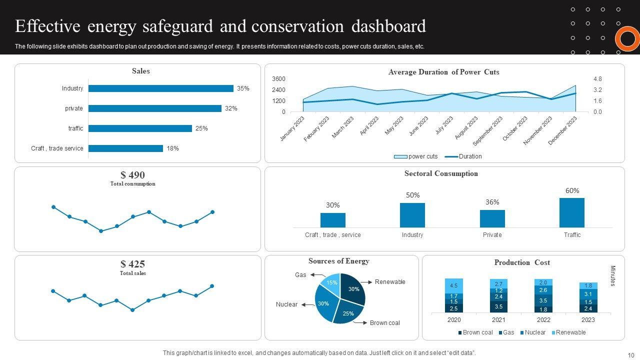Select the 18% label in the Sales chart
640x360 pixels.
(173, 148)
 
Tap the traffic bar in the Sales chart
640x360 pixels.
(140, 128)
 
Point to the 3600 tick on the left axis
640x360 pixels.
(278, 79)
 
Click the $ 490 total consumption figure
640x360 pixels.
(132, 175)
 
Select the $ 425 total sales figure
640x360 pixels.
(132, 264)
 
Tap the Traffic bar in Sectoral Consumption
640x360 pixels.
(572, 213)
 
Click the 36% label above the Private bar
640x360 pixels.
(492, 202)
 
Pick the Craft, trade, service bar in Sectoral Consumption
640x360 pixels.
(332, 220)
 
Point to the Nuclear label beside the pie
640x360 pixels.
(286, 304)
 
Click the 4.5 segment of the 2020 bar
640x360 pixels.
(453, 285)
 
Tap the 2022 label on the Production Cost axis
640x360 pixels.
(543, 320)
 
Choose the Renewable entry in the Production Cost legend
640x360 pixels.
(570, 332)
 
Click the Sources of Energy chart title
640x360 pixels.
(339, 261)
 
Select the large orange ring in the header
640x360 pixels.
(627, 39)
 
